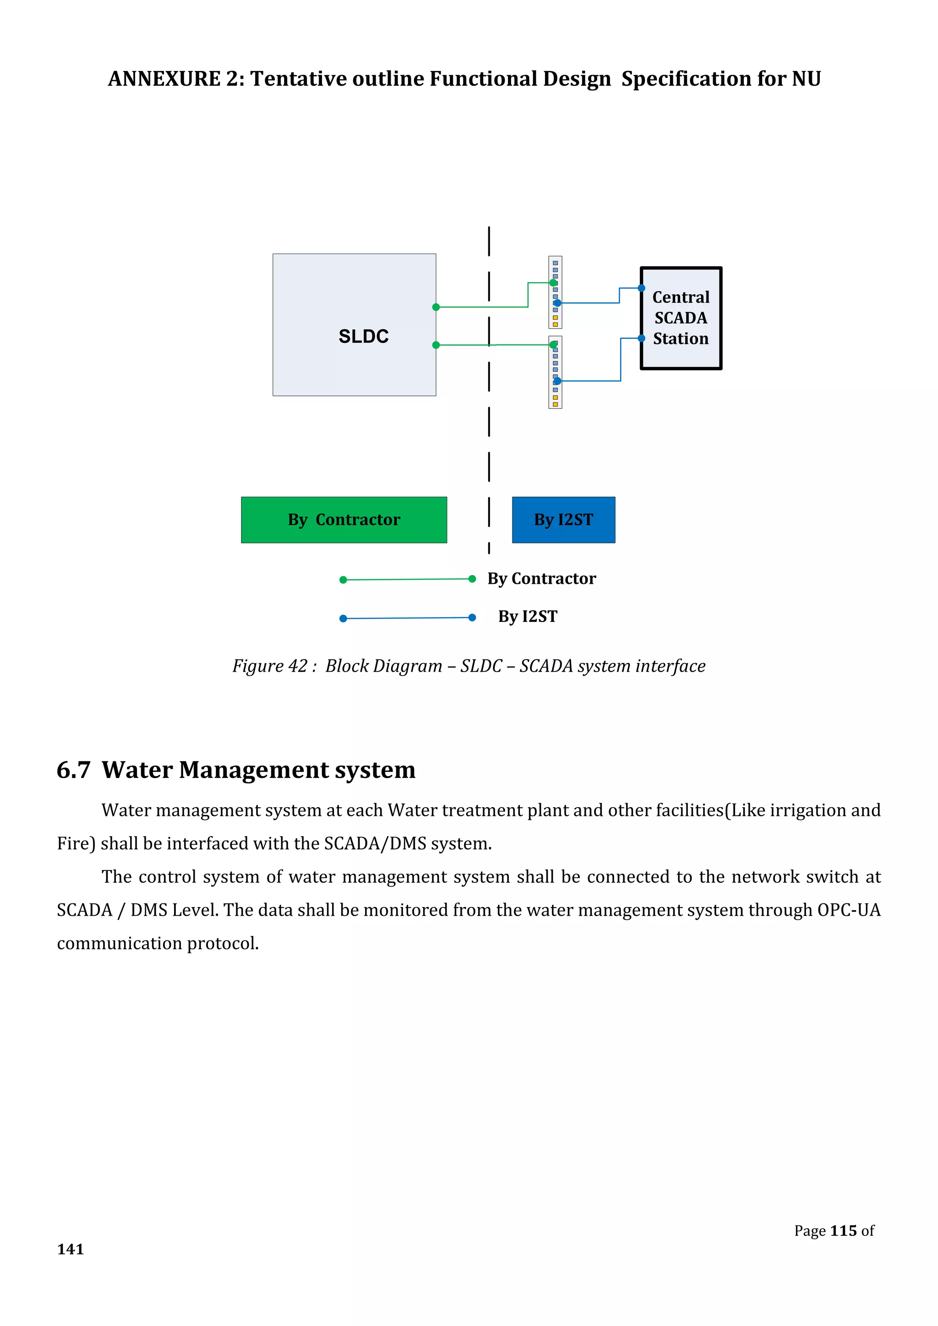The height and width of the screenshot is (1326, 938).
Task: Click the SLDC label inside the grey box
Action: [363, 336]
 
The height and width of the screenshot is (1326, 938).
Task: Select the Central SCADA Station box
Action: [681, 318]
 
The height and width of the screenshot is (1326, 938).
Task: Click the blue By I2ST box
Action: [563, 520]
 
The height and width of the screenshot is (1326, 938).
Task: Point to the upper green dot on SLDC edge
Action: [436, 307]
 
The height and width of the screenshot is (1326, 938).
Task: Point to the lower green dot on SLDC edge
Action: [436, 345]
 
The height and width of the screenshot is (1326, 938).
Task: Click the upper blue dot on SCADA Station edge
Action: [641, 288]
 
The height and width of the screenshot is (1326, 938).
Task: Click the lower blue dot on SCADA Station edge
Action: [641, 338]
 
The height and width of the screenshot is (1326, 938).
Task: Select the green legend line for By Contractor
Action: [407, 579]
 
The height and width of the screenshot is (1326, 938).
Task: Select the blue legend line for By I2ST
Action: [407, 618]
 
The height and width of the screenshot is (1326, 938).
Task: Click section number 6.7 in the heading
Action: [73, 771]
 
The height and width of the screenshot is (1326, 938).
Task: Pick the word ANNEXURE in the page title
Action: [164, 79]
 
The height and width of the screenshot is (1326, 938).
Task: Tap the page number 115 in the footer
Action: [843, 1231]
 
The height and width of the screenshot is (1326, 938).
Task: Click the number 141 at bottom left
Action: [71, 1249]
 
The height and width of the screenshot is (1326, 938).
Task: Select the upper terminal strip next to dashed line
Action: [555, 292]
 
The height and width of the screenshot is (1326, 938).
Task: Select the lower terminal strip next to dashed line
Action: [555, 372]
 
